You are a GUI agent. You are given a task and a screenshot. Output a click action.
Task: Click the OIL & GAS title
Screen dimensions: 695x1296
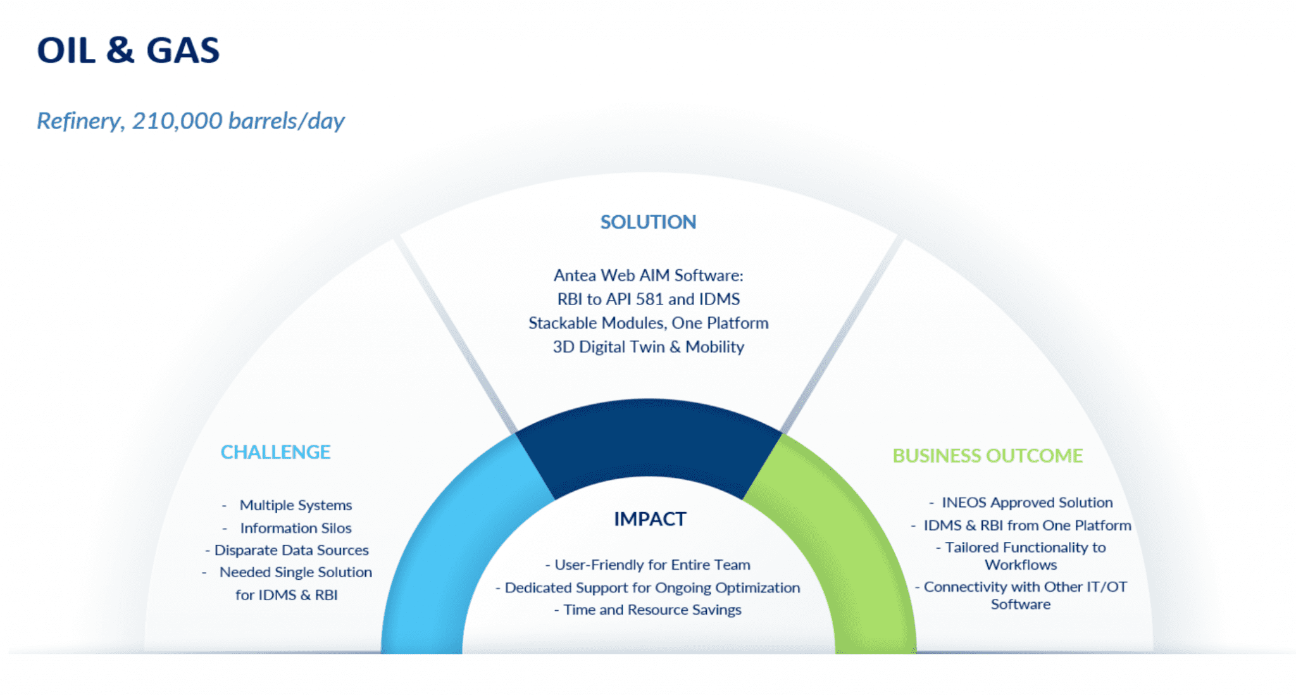128,51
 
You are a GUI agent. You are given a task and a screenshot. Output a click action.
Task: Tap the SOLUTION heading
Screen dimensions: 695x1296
648,222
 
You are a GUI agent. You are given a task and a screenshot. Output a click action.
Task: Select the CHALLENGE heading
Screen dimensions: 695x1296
275,452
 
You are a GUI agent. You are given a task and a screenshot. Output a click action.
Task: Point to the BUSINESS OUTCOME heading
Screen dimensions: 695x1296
987,456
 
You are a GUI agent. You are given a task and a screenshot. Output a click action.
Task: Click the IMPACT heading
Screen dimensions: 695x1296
650,519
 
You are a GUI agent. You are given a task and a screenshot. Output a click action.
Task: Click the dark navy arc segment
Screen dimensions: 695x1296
649,437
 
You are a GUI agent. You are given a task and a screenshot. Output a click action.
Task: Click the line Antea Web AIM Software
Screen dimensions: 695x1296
648,275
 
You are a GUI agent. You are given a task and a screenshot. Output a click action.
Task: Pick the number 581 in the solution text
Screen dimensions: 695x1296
649,299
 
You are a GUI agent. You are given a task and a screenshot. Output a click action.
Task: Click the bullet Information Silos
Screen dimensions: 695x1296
296,528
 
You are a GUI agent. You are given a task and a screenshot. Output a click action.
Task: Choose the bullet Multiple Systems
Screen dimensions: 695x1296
296,505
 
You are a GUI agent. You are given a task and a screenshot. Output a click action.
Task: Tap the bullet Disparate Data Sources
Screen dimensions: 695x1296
291,550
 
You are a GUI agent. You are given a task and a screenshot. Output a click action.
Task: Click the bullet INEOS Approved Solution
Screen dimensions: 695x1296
1026,503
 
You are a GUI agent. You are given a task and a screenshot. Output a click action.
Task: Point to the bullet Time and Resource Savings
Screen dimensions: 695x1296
652,610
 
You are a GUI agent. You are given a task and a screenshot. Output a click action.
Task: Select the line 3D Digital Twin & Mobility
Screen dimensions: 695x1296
648,347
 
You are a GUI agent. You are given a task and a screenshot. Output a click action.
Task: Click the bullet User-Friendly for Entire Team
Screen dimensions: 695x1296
652,565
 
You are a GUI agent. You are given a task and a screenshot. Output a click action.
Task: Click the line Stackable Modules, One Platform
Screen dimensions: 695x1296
648,323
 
